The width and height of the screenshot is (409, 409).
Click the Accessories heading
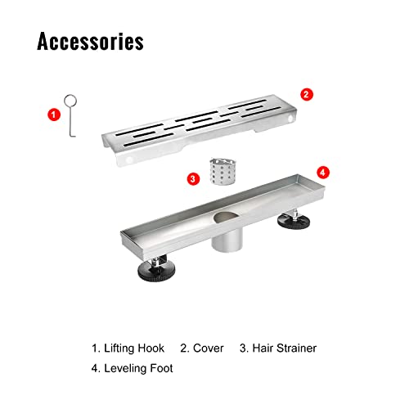[x=90, y=41]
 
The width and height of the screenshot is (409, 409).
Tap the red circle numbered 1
[x=54, y=115]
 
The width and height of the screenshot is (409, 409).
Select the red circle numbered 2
[x=307, y=94]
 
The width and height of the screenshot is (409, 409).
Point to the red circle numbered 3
[x=193, y=179]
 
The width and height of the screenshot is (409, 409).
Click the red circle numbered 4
[x=323, y=173]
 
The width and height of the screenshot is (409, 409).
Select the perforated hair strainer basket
[x=222, y=172]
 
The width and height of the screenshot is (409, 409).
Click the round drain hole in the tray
[x=227, y=217]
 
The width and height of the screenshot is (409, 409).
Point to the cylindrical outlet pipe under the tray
[x=227, y=239]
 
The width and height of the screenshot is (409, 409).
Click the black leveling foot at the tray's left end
[x=156, y=270]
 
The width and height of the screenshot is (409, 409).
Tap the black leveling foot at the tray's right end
[x=294, y=220]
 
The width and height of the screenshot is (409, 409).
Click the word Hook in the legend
[x=151, y=348]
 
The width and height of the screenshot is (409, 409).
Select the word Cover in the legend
[x=209, y=348]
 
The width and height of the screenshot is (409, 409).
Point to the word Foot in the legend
[x=162, y=368]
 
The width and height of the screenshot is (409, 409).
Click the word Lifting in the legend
[x=119, y=348]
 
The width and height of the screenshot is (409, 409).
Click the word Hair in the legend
[x=260, y=348]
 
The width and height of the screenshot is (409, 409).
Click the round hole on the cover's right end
[x=290, y=119]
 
